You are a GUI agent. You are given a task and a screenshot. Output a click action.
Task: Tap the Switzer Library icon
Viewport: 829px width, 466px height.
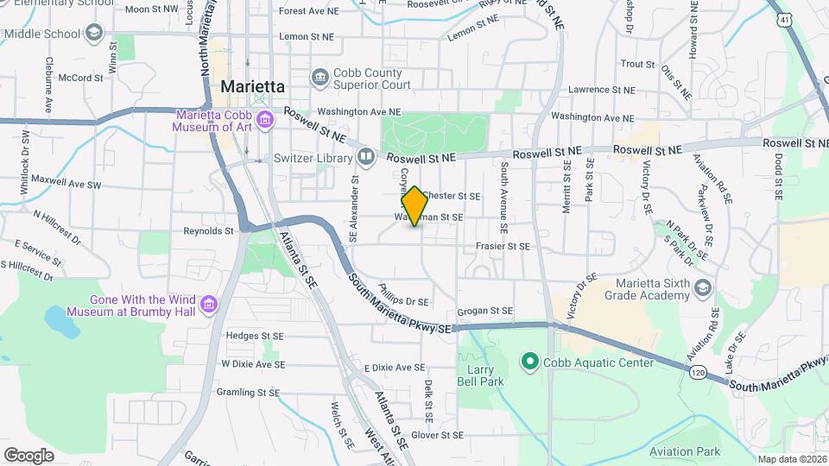click(x=366, y=157)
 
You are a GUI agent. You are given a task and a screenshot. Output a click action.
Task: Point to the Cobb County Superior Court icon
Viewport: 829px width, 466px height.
click(x=320, y=78)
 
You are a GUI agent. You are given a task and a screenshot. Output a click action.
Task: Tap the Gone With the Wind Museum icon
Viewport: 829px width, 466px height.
click(x=208, y=304)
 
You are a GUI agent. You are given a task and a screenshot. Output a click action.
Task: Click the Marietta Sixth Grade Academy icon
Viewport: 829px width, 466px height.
click(x=703, y=287)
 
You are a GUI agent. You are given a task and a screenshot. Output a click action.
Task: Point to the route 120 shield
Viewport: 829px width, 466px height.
click(x=699, y=370)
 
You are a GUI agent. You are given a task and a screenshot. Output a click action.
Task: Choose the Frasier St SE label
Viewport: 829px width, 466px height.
click(x=502, y=246)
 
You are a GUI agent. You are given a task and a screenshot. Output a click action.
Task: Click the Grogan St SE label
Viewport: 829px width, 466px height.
click(x=486, y=311)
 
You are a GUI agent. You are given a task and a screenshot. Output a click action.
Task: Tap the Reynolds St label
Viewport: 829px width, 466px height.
click(x=209, y=231)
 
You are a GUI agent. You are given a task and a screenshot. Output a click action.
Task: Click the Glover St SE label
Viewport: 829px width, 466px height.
click(x=438, y=435)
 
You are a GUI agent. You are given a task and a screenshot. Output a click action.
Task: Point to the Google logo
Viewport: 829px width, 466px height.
click(x=28, y=455)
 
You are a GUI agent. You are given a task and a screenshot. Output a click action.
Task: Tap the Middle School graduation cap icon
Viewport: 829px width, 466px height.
click(x=92, y=33)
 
